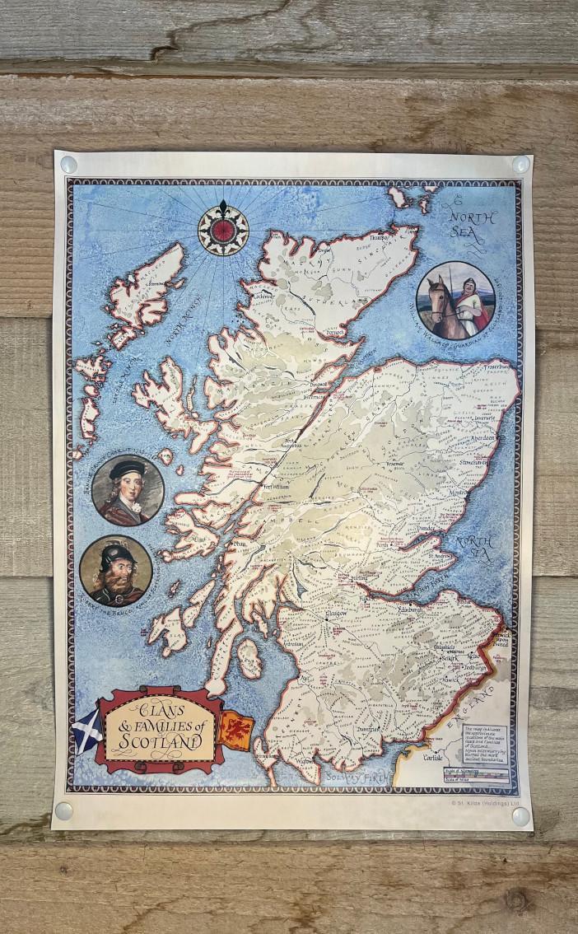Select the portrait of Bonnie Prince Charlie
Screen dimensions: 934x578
coord(128,489)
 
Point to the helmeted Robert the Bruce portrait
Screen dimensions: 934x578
coord(116,571)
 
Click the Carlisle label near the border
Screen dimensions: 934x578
coord(432,756)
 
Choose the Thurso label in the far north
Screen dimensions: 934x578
coord(379,238)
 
